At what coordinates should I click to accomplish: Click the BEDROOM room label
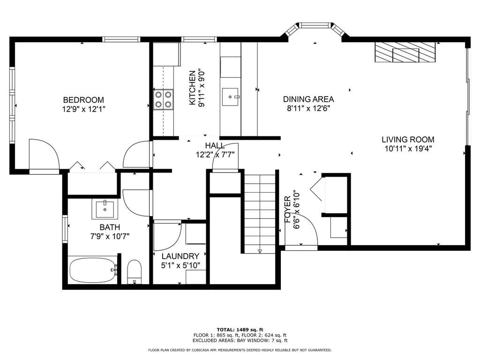pyautogui.click(x=83, y=100)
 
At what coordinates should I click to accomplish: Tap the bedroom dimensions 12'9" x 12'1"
pyautogui.click(x=83, y=109)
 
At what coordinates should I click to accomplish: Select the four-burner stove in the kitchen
pyautogui.click(x=163, y=99)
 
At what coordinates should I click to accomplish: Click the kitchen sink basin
pyautogui.click(x=230, y=97)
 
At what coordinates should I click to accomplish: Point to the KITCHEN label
pyautogui.click(x=192, y=88)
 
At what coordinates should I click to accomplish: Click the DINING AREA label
pyautogui.click(x=308, y=99)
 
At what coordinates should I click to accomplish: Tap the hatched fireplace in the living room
pyautogui.click(x=405, y=52)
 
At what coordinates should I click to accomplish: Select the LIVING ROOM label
pyautogui.click(x=408, y=140)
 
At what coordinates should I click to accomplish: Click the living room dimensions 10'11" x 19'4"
pyautogui.click(x=408, y=149)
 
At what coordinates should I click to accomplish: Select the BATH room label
pyautogui.click(x=110, y=227)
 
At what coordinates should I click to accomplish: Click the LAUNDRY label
pyautogui.click(x=180, y=256)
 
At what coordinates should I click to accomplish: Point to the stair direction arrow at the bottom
pyautogui.click(x=260, y=251)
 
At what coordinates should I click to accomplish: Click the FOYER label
pyautogui.click(x=287, y=210)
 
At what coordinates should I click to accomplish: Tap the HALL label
pyautogui.click(x=215, y=145)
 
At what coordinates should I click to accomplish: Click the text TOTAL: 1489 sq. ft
pyautogui.click(x=240, y=330)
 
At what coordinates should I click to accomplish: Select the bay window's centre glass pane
pyautogui.click(x=315, y=25)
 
